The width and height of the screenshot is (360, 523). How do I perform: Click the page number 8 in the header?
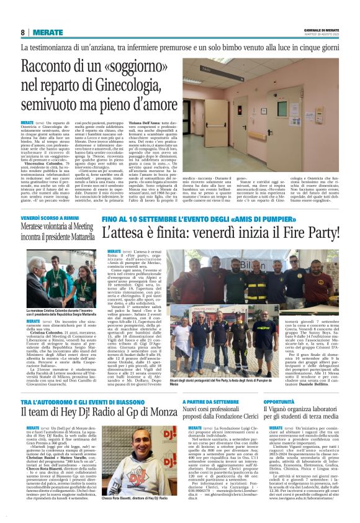point(23,32)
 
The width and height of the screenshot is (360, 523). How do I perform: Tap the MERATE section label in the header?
point(48,32)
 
